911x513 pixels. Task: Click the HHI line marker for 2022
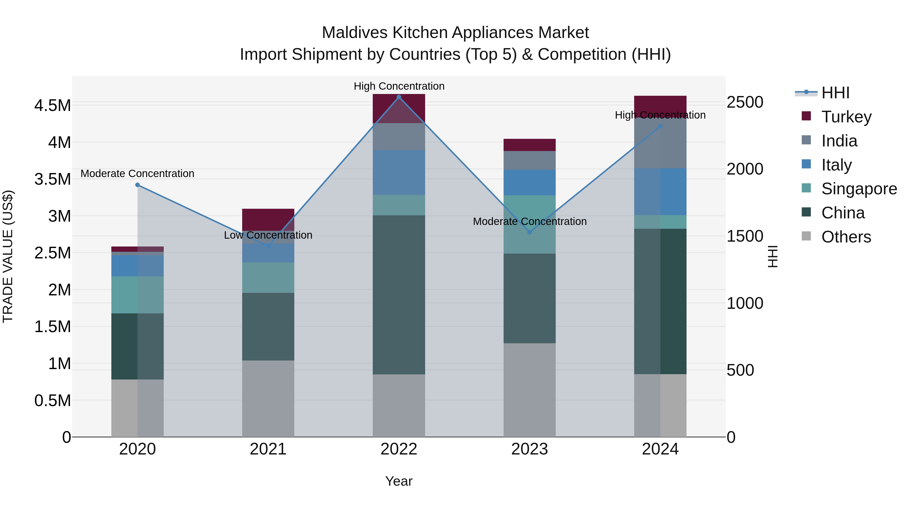tap(399, 97)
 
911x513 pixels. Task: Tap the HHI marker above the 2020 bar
tap(138, 185)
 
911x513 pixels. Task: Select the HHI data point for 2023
tap(529, 232)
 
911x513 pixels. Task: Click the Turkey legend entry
tap(846, 117)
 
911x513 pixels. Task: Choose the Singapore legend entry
tap(859, 189)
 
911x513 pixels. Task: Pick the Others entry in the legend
tap(846, 237)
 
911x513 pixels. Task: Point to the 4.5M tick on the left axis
tap(52, 105)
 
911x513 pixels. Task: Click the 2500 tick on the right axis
tap(745, 102)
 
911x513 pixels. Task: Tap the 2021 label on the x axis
tap(268, 449)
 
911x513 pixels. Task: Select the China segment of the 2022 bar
tap(399, 295)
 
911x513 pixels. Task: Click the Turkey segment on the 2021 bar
tap(268, 219)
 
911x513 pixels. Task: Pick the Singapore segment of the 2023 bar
tap(529, 224)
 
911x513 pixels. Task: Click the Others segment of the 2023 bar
tap(529, 389)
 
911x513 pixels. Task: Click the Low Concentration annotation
tap(268, 235)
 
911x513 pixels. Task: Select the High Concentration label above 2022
tap(399, 86)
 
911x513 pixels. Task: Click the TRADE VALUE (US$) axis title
tap(8, 256)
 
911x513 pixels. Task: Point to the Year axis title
tap(399, 481)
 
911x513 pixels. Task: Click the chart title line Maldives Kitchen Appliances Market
tap(455, 33)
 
